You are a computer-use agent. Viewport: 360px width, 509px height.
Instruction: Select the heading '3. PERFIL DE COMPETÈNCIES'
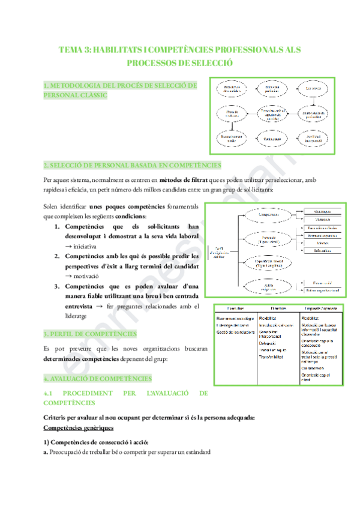[90, 333]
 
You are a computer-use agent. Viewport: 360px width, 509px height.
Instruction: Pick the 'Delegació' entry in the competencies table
[268, 343]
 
